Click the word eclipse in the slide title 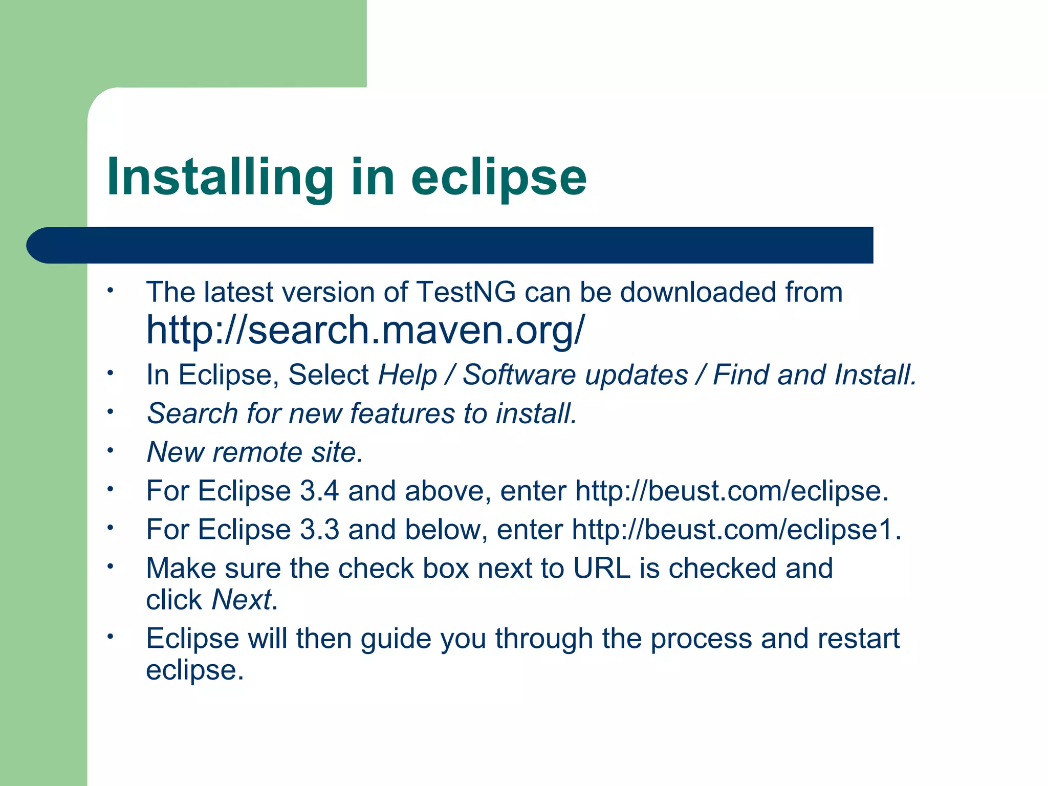[498, 177]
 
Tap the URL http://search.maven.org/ [365, 330]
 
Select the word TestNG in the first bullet [466, 292]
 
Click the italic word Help [407, 375]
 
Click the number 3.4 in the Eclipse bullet [319, 491]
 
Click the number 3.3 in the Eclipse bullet [319, 529]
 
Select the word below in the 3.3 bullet [443, 529]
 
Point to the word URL [602, 568]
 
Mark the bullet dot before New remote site [110, 451]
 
